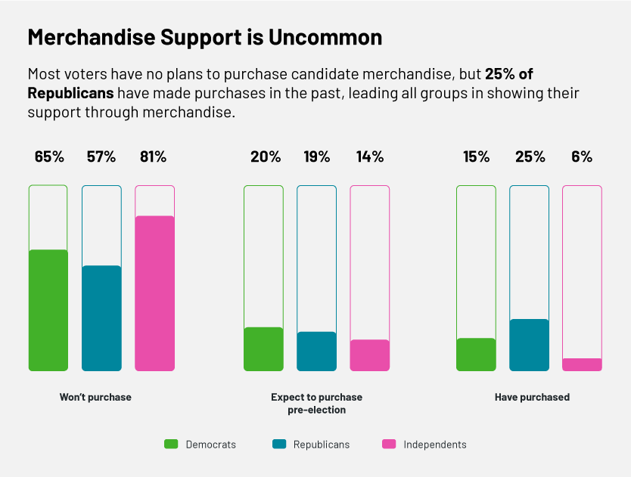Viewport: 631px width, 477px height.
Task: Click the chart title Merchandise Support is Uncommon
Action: [x=204, y=37]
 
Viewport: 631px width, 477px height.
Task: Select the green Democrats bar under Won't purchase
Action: [x=48, y=310]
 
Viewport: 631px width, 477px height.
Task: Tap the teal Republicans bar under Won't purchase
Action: [x=101, y=318]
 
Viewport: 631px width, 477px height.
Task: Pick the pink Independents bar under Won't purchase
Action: [x=154, y=293]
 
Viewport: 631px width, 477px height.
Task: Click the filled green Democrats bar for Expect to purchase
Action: [x=263, y=349]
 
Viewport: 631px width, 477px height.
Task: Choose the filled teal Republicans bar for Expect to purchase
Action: [x=316, y=352]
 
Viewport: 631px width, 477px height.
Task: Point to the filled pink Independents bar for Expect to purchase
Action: [x=369, y=355]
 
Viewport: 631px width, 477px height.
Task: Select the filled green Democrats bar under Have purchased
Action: [x=476, y=355]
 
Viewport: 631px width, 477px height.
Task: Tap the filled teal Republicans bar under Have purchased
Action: [x=529, y=345]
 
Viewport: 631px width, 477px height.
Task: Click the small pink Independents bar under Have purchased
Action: [x=582, y=364]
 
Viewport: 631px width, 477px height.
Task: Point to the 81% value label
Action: [x=153, y=157]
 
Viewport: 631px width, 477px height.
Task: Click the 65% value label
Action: [x=49, y=157]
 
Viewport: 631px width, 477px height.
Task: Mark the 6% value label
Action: [x=582, y=157]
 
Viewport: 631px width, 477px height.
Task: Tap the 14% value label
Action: [x=370, y=157]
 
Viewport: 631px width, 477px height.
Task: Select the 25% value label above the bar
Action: [x=530, y=157]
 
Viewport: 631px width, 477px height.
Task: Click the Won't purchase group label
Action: [x=95, y=397]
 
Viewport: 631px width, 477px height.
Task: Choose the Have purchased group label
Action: [x=532, y=397]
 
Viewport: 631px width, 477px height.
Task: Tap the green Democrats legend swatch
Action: [x=171, y=444]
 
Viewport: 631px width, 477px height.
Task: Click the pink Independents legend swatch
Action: [x=389, y=444]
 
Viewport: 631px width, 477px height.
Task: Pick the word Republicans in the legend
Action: [x=322, y=444]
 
